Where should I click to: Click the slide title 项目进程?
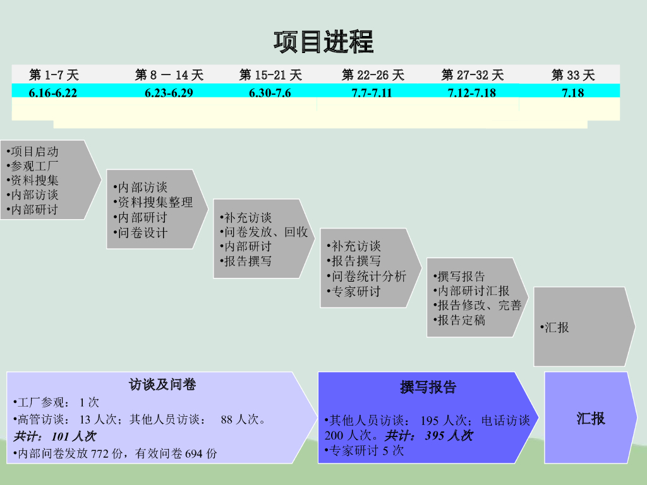pos(323,42)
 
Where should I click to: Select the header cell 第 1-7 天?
pos(54,75)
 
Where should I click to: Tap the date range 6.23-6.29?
pos(168,93)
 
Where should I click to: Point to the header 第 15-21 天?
pos(270,75)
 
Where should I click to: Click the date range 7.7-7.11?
pos(372,93)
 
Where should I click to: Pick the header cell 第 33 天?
pos(573,75)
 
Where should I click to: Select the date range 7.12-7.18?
pos(471,93)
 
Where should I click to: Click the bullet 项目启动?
pos(34,152)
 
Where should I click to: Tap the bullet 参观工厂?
pos(34,165)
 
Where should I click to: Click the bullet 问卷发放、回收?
pos(265,232)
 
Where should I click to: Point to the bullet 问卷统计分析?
pos(368,276)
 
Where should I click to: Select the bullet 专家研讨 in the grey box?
pos(356,291)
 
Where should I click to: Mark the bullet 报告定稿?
pos(461,320)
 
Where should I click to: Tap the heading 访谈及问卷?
pos(162,384)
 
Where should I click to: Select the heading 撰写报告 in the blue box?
pos(428,387)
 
